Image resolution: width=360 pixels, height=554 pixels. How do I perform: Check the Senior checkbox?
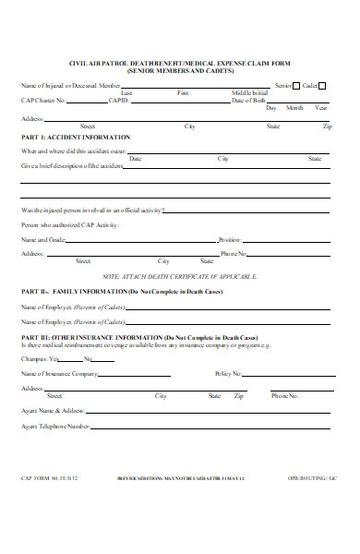pos(296,85)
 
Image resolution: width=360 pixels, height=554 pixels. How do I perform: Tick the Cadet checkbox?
pos(322,85)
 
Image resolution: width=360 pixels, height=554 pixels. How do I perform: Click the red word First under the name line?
pos(183,93)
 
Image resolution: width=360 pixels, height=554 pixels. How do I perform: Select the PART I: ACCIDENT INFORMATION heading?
pos(76,137)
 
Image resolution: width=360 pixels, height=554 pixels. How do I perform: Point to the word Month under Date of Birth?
pos(294,108)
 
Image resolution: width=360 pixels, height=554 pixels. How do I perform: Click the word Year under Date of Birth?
pos(320,108)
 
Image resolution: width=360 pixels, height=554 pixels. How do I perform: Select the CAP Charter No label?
pos(43,101)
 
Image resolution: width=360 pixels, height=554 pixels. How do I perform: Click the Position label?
pos(230,239)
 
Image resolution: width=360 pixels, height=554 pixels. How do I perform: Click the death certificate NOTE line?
pos(180,276)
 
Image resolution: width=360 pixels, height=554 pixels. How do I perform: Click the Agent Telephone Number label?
pos(55,426)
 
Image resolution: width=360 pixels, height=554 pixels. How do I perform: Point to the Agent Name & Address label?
pos(54,410)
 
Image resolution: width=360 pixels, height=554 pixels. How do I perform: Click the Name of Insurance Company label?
pos(59,374)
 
